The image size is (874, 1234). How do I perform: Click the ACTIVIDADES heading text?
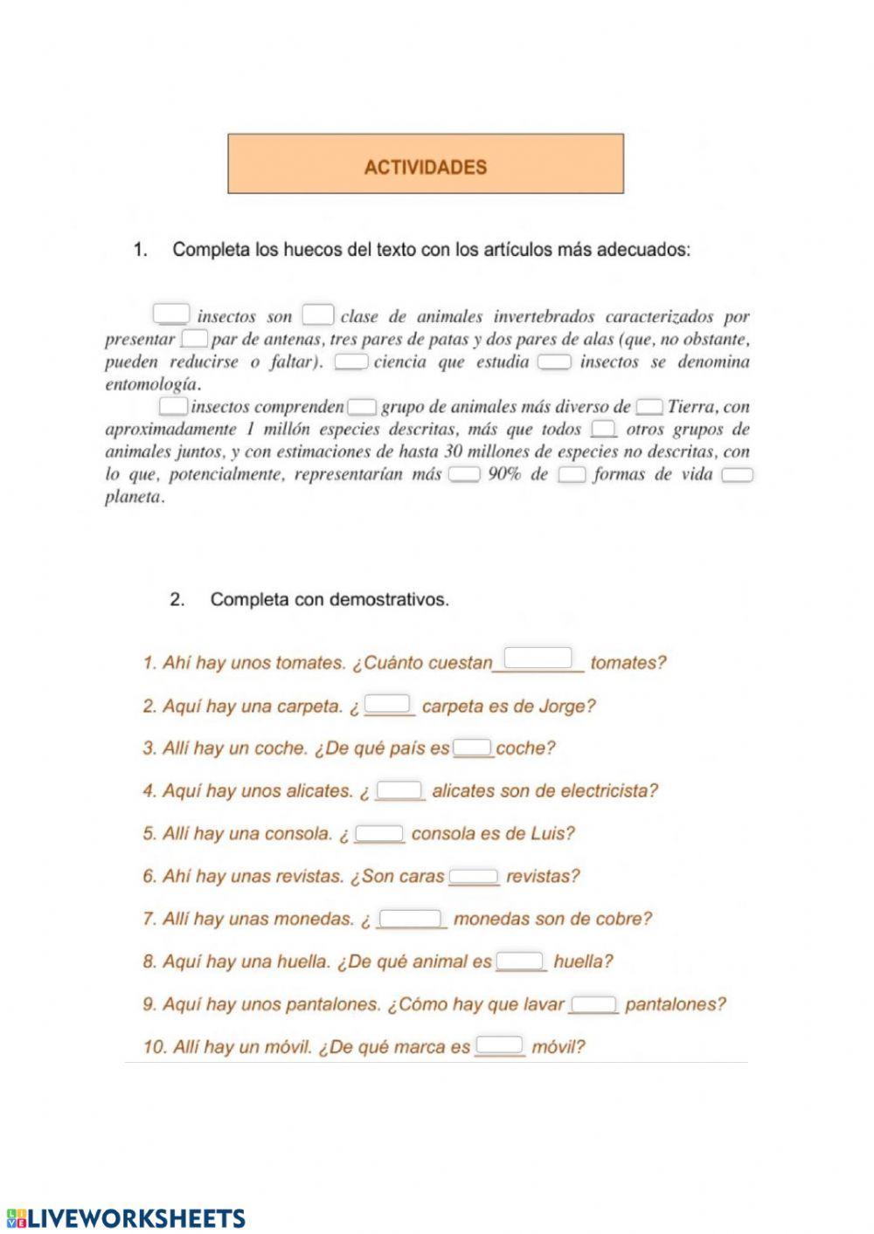[425, 167]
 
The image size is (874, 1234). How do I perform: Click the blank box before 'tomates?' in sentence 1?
[538, 658]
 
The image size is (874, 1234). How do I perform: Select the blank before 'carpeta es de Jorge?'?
[387, 703]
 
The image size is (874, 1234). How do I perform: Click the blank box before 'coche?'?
[473, 748]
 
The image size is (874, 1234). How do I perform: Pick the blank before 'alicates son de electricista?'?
[400, 789]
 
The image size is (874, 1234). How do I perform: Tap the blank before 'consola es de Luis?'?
[379, 832]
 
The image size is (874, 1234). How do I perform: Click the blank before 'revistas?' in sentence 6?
[474, 875]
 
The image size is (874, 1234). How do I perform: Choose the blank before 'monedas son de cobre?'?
[410, 918]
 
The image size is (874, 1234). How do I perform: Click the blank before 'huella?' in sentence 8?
[520, 961]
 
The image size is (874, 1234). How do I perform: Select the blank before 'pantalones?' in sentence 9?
[593, 1003]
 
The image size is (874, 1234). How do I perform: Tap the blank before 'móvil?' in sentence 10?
[500, 1044]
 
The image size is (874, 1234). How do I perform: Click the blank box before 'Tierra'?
[649, 406]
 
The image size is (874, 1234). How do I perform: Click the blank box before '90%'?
[464, 474]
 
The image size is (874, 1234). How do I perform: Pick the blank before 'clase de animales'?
[318, 314]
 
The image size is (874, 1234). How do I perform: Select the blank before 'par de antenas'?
[194, 338]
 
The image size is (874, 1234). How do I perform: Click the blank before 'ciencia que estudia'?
[350, 361]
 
